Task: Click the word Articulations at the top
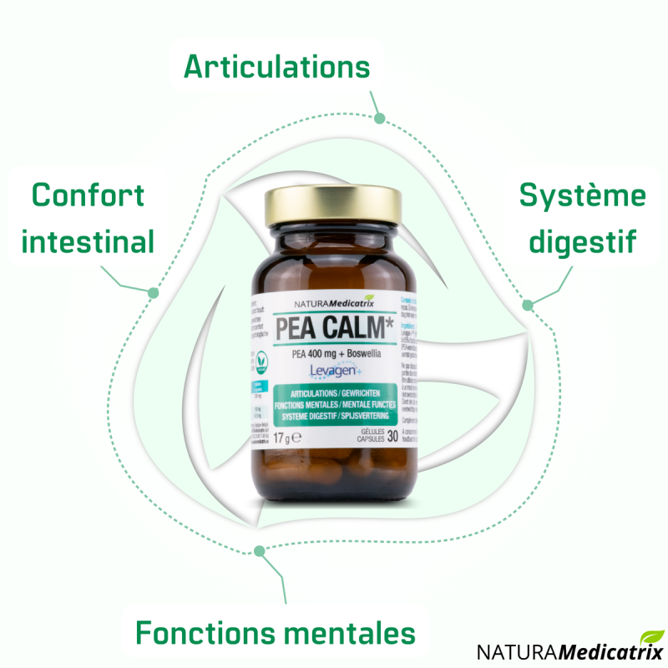point(276,66)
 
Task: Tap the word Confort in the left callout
point(88,195)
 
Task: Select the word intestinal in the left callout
point(88,242)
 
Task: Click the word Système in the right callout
point(582,195)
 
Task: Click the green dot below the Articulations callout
point(379,119)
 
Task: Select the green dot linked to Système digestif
point(528,304)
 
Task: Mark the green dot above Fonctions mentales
point(260,550)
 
